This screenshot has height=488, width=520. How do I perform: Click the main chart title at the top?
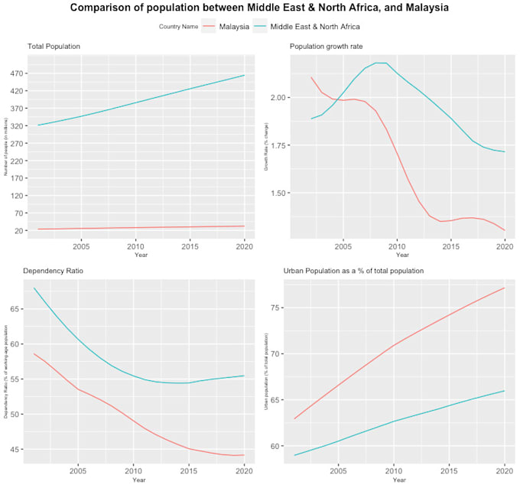pyautogui.click(x=260, y=8)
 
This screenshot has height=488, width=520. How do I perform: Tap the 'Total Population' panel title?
pyautogui.click(x=54, y=47)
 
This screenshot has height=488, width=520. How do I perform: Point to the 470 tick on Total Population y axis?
pyautogui.click(x=18, y=74)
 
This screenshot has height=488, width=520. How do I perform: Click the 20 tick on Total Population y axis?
pyautogui.click(x=19, y=230)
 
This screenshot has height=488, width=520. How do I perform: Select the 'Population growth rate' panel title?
pyautogui.click(x=327, y=47)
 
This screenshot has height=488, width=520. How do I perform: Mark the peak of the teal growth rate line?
pyautogui.click(x=380, y=63)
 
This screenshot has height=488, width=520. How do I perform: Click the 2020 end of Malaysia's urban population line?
pyautogui.click(x=505, y=288)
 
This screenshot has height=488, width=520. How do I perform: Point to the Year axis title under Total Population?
pyautogui.click(x=141, y=255)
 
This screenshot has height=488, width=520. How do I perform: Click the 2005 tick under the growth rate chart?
pyautogui.click(x=343, y=247)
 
